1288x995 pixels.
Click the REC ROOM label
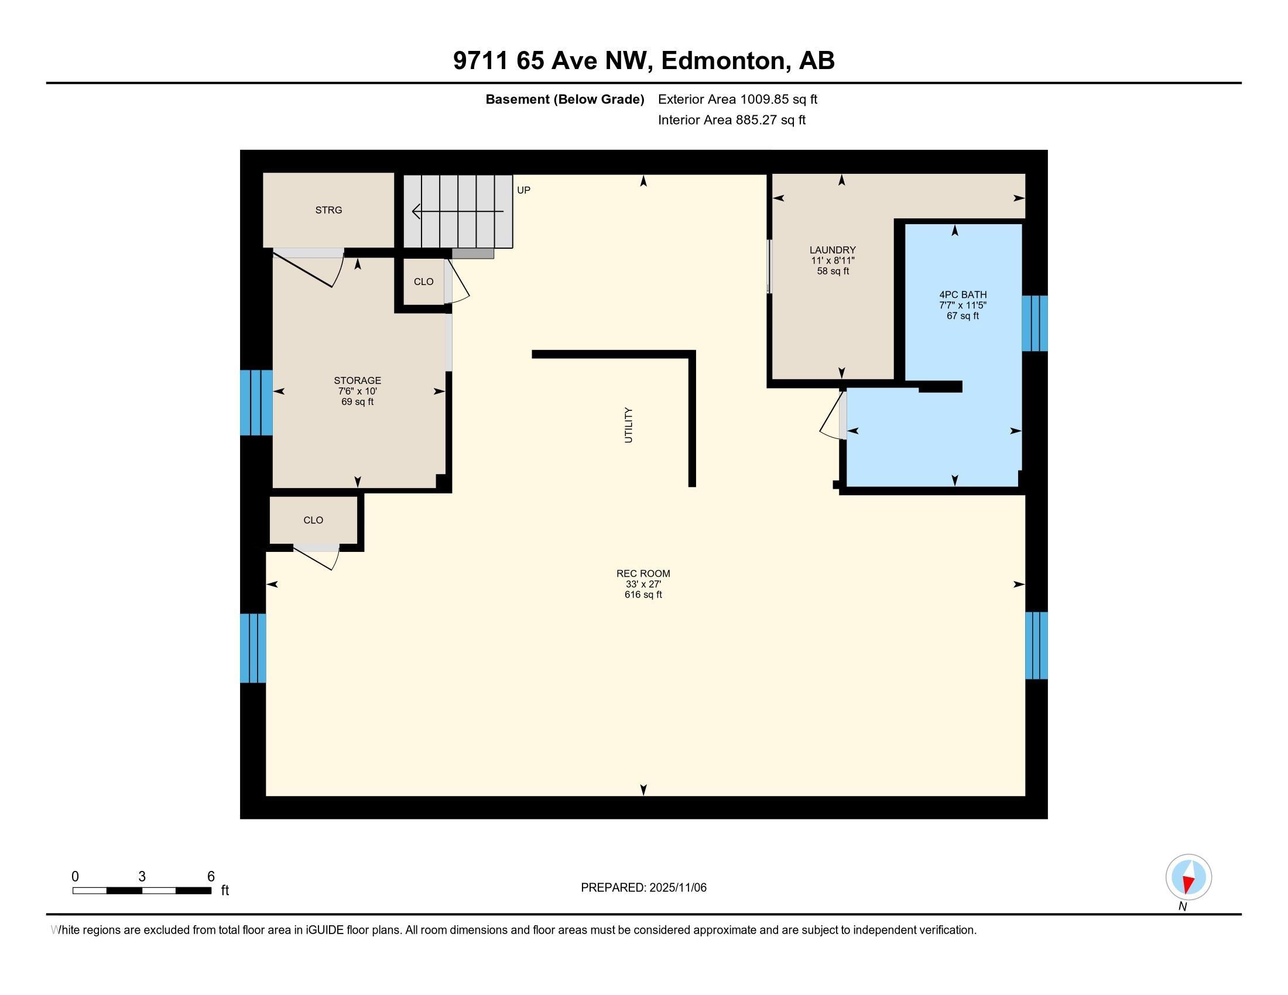pyautogui.click(x=643, y=573)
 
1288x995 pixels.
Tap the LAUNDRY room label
pyautogui.click(x=832, y=250)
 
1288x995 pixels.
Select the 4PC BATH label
pyautogui.click(x=962, y=295)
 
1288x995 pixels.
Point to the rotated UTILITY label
pyautogui.click(x=628, y=425)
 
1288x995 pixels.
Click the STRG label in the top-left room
pyautogui.click(x=328, y=210)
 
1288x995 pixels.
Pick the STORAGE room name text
pyautogui.click(x=357, y=380)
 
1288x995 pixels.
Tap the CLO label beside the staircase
pyautogui.click(x=423, y=282)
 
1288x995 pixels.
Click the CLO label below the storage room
pyautogui.click(x=313, y=520)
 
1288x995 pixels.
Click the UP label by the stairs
pyautogui.click(x=524, y=190)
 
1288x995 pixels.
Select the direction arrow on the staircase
pyautogui.click(x=458, y=211)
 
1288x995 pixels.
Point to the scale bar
pyautogui.click(x=142, y=891)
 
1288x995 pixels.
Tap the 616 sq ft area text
pyautogui.click(x=643, y=595)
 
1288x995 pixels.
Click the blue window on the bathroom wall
pyautogui.click(x=1034, y=324)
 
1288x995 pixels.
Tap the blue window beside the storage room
pyautogui.click(x=256, y=403)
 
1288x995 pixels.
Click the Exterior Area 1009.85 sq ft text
pyautogui.click(x=737, y=99)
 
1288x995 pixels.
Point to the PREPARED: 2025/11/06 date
pyautogui.click(x=643, y=887)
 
